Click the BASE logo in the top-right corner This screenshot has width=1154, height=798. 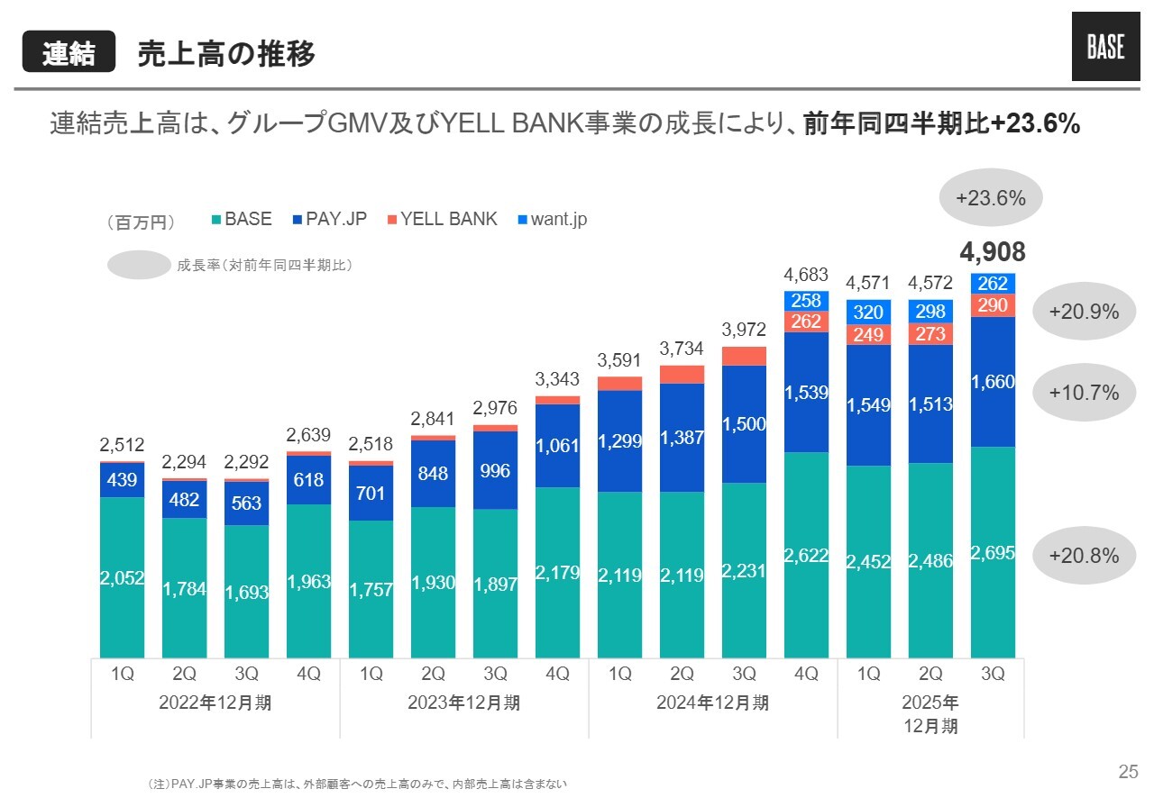click(x=1104, y=48)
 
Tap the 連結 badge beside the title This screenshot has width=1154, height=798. click(x=69, y=53)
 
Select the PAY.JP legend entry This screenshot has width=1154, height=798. click(x=330, y=219)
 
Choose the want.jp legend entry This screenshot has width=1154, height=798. click(x=552, y=219)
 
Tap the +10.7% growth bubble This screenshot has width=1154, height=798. click(x=1085, y=392)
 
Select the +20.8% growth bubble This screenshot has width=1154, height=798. click(x=1085, y=556)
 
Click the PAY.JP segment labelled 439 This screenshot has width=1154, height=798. click(x=122, y=480)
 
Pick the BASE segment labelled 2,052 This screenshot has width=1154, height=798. click(x=122, y=576)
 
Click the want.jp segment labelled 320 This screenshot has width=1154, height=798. click(x=868, y=312)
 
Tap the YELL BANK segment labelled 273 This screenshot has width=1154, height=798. click(x=930, y=334)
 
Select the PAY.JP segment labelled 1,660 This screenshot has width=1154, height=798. click(x=993, y=382)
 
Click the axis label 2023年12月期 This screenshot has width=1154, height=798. click(x=464, y=703)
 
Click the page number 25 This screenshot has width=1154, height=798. click(x=1128, y=771)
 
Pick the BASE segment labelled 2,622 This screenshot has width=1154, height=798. click(x=806, y=555)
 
